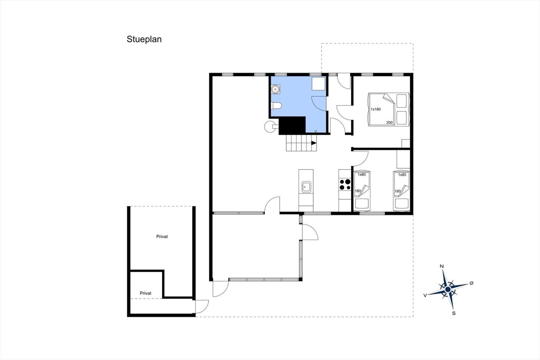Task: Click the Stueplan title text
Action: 144,39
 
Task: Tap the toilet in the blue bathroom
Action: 276,106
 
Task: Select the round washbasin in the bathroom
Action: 275,89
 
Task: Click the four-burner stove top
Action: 345,185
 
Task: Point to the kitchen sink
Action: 306,187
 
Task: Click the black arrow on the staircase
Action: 314,143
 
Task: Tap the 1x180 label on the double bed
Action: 376,109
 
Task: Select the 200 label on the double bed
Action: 389,123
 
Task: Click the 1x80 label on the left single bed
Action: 361,175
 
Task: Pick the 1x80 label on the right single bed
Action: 402,175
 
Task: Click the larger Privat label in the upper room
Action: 162,237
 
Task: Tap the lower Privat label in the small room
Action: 145,293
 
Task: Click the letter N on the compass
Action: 442,266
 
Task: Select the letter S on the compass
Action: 454,313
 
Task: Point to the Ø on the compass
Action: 471,283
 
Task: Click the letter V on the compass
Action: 425,295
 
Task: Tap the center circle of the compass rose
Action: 448,289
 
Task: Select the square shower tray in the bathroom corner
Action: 319,84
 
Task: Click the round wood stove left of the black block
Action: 270,126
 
